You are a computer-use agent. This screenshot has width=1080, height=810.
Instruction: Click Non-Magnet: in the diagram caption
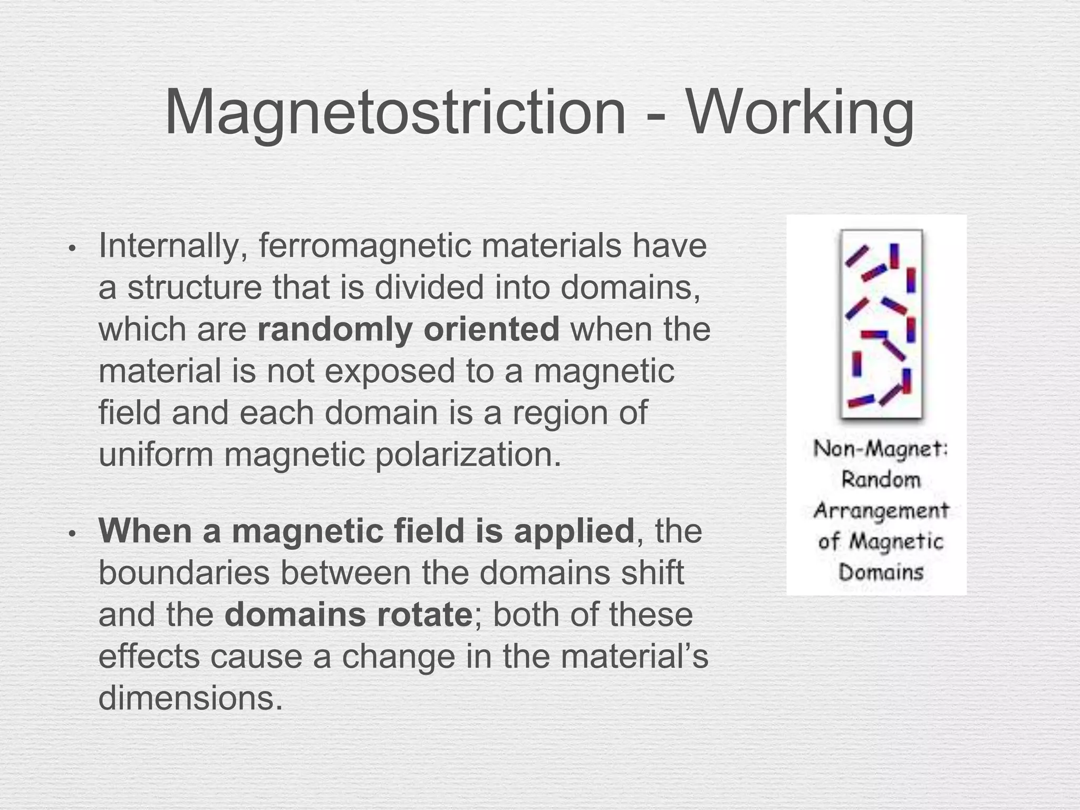point(880,449)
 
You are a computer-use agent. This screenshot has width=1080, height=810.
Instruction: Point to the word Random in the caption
point(880,480)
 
